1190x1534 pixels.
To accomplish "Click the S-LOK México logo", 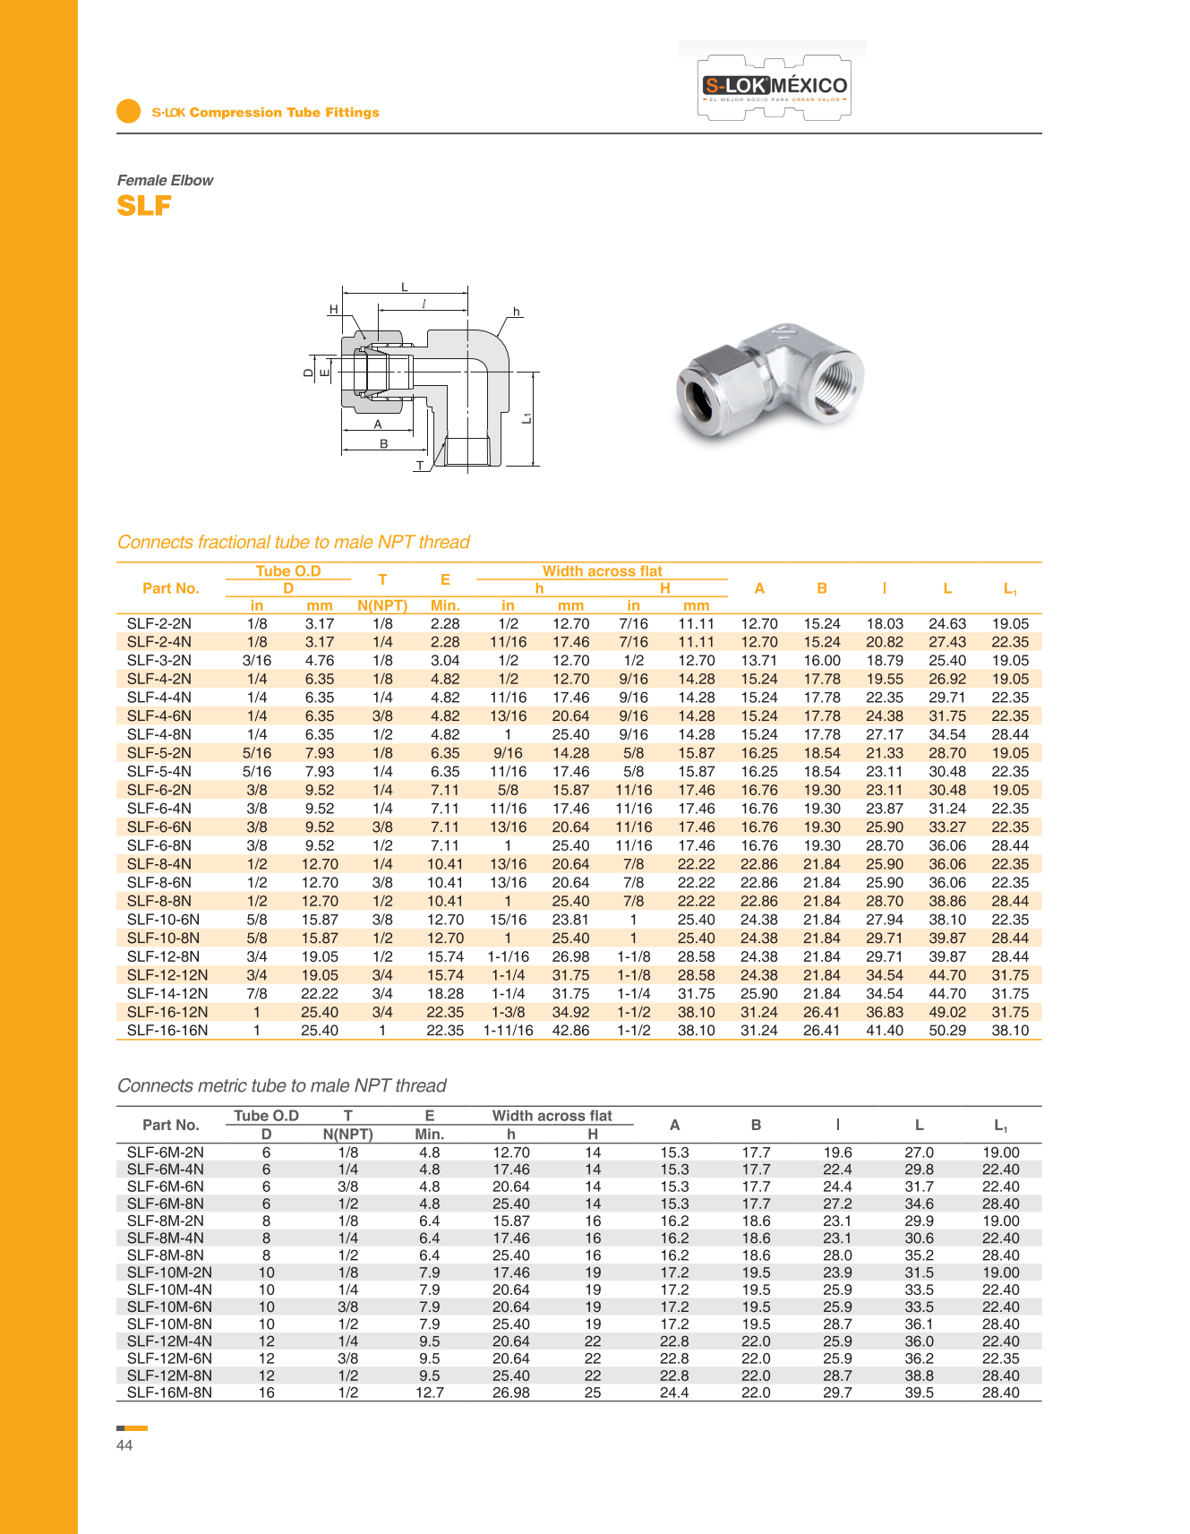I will coord(775,87).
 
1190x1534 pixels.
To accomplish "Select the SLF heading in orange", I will coord(144,206).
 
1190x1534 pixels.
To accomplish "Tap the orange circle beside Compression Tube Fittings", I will coord(129,111).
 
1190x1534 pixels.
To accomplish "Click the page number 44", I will coord(124,1445).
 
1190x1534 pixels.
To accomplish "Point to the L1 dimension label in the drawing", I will coord(527,418).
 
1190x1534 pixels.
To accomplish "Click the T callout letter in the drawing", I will coord(419,466).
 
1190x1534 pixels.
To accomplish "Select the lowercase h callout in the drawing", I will coord(517,312).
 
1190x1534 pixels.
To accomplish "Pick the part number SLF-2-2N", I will coord(159,623).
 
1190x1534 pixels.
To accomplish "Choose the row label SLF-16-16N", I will coord(167,1031).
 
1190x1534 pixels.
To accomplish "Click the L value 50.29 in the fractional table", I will coord(947,1031).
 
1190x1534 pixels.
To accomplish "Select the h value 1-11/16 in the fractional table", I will coord(508,1031).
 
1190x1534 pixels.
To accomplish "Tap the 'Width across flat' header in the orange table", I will coord(602,571).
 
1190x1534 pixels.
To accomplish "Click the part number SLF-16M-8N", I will coord(169,1393).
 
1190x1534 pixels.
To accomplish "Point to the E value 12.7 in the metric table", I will coord(430,1393).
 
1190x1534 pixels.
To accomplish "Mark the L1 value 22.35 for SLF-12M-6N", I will coord(1001,1358).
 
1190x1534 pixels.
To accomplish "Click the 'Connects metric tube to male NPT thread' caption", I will coord(282,1085).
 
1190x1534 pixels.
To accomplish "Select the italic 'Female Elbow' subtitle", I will coord(166,180).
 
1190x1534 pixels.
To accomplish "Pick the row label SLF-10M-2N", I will coord(169,1273).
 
